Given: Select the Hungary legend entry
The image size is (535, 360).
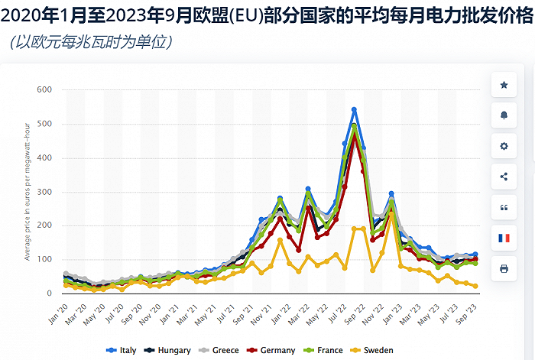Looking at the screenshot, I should [x=170, y=350].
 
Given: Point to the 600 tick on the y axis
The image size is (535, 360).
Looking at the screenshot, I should [x=44, y=90].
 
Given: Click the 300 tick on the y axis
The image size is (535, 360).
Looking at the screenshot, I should [x=44, y=192].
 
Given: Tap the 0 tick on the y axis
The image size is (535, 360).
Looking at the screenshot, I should [x=48, y=294].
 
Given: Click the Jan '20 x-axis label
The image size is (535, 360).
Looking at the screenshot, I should [x=58, y=309].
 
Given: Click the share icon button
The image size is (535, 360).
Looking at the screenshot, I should [x=503, y=177].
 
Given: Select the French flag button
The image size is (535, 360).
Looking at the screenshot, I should [x=503, y=238].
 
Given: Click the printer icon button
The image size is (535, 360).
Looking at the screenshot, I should [x=503, y=269].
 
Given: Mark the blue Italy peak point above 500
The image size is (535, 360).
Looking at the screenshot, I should [x=354, y=110].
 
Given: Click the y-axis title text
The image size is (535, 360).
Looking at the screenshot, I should [x=28, y=192].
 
